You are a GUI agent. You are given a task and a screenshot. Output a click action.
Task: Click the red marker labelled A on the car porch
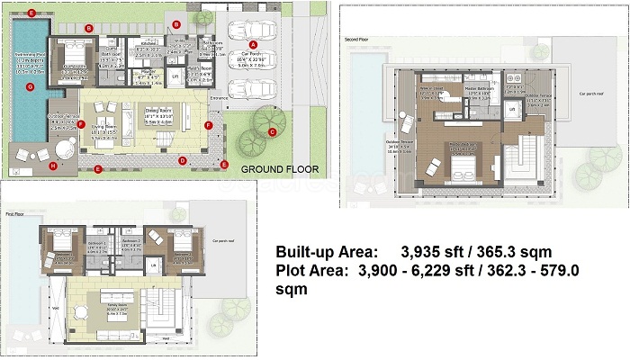(253, 43)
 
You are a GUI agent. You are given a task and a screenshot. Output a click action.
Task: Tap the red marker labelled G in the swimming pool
(30, 87)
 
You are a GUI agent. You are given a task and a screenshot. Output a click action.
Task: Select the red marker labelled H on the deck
(52, 166)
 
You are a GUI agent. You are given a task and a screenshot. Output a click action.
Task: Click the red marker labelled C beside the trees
(272, 131)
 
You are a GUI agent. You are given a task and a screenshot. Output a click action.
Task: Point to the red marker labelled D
(183, 161)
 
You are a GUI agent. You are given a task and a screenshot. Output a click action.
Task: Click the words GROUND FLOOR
(275, 168)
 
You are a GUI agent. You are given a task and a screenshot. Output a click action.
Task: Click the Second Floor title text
(357, 40)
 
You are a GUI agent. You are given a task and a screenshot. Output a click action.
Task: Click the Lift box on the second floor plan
(512, 109)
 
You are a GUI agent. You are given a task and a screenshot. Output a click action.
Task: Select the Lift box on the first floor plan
(153, 266)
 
